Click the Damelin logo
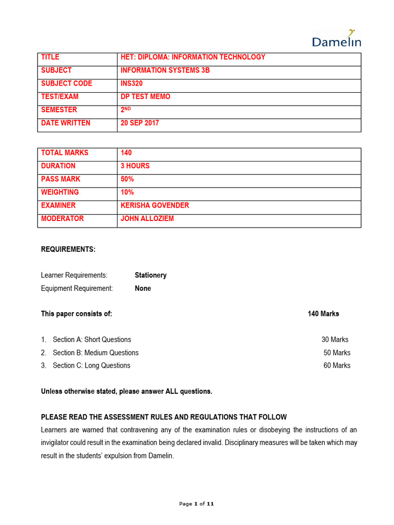pos(337,39)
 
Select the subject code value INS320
pos(131,84)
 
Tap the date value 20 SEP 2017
pos(140,123)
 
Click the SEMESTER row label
pos(59,110)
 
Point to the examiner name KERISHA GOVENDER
pos(154,206)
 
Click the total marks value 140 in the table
pos(126,153)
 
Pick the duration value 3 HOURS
pos(135,166)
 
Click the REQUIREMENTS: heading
pos(68,250)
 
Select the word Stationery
pos(150,275)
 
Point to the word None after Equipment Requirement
pos(143,289)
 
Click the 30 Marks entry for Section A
pos(334,340)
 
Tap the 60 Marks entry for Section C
pos(337,366)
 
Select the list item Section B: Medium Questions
pos(95,353)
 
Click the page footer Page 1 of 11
pos(196,504)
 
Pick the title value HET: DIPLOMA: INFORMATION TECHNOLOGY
pos(193,57)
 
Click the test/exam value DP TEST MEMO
pos(145,97)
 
